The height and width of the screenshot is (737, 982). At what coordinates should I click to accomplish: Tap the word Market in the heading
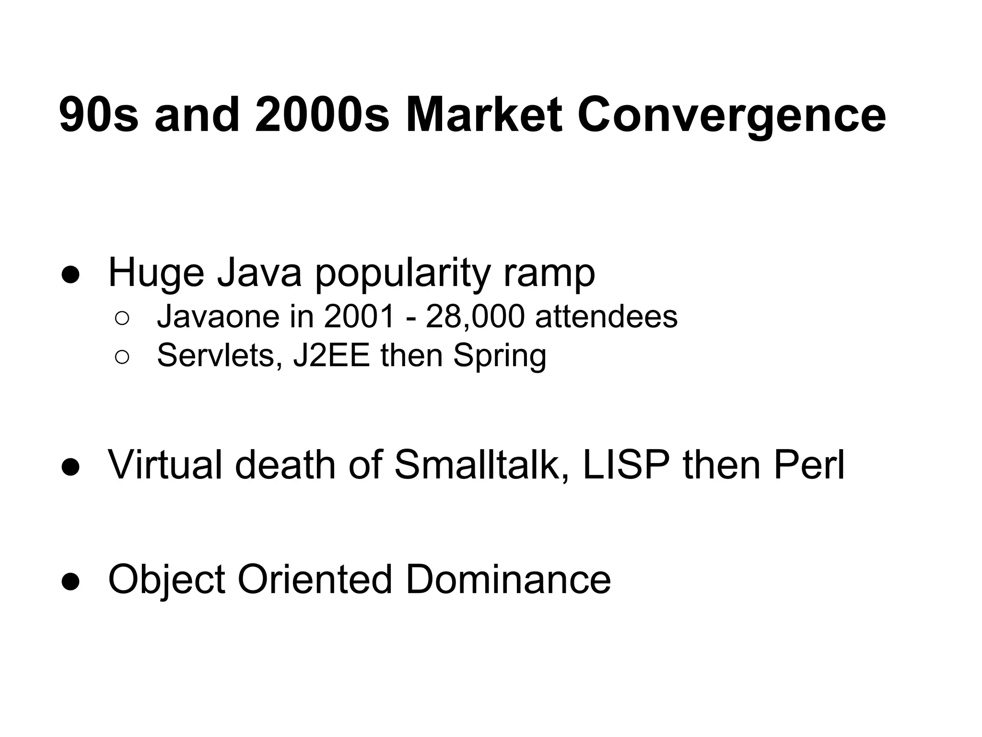(x=484, y=115)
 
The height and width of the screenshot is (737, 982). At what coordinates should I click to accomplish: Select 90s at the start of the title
(x=99, y=115)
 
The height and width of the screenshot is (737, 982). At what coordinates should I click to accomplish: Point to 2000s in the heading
(x=322, y=115)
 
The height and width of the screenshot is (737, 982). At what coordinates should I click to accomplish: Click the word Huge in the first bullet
(x=156, y=273)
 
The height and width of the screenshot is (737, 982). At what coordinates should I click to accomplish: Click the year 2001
(x=360, y=317)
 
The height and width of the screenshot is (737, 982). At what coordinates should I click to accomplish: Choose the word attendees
(x=606, y=317)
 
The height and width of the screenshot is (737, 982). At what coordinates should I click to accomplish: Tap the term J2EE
(x=331, y=356)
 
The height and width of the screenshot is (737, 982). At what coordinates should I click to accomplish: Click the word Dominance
(x=508, y=579)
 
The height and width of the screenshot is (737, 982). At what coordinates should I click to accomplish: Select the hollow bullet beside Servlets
(x=122, y=357)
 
